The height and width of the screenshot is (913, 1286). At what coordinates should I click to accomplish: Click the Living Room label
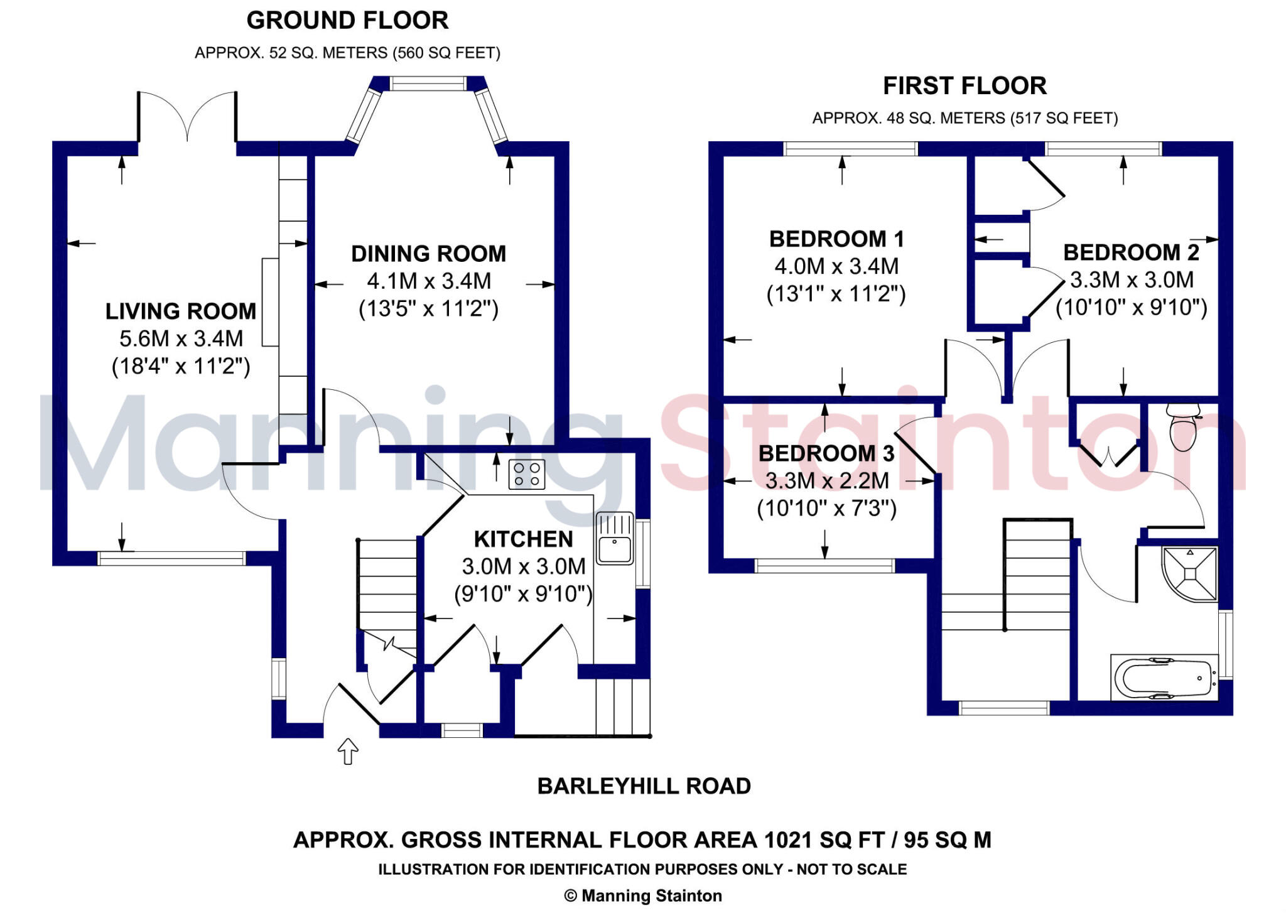click(x=181, y=311)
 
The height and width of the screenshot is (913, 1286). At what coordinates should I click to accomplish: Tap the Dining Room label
click(x=428, y=254)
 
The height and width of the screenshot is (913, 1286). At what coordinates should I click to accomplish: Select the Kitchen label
click(x=523, y=539)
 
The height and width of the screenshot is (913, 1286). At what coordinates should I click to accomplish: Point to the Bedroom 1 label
click(x=836, y=239)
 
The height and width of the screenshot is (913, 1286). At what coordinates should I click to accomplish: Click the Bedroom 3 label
click(x=826, y=453)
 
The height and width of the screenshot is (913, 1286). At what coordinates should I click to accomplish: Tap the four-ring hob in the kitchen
click(x=527, y=474)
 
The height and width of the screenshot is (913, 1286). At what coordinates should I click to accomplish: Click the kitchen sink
click(x=615, y=539)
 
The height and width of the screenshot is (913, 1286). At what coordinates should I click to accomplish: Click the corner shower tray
click(x=1191, y=573)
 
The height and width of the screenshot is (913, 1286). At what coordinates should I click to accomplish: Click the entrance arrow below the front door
click(x=348, y=751)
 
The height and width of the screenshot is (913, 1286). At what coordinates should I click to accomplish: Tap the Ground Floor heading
click(x=347, y=21)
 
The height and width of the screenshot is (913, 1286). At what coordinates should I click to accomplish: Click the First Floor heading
click(x=964, y=86)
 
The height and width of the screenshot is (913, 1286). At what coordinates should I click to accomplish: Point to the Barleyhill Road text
click(x=644, y=786)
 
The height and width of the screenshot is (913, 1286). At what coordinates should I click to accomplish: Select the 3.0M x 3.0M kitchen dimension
click(x=524, y=566)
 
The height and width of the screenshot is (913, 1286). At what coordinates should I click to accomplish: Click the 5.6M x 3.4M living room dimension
click(x=181, y=338)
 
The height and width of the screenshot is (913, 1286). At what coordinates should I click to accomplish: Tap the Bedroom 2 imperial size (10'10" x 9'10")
click(x=1131, y=308)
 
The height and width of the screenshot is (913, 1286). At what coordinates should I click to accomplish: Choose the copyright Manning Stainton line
click(x=643, y=895)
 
